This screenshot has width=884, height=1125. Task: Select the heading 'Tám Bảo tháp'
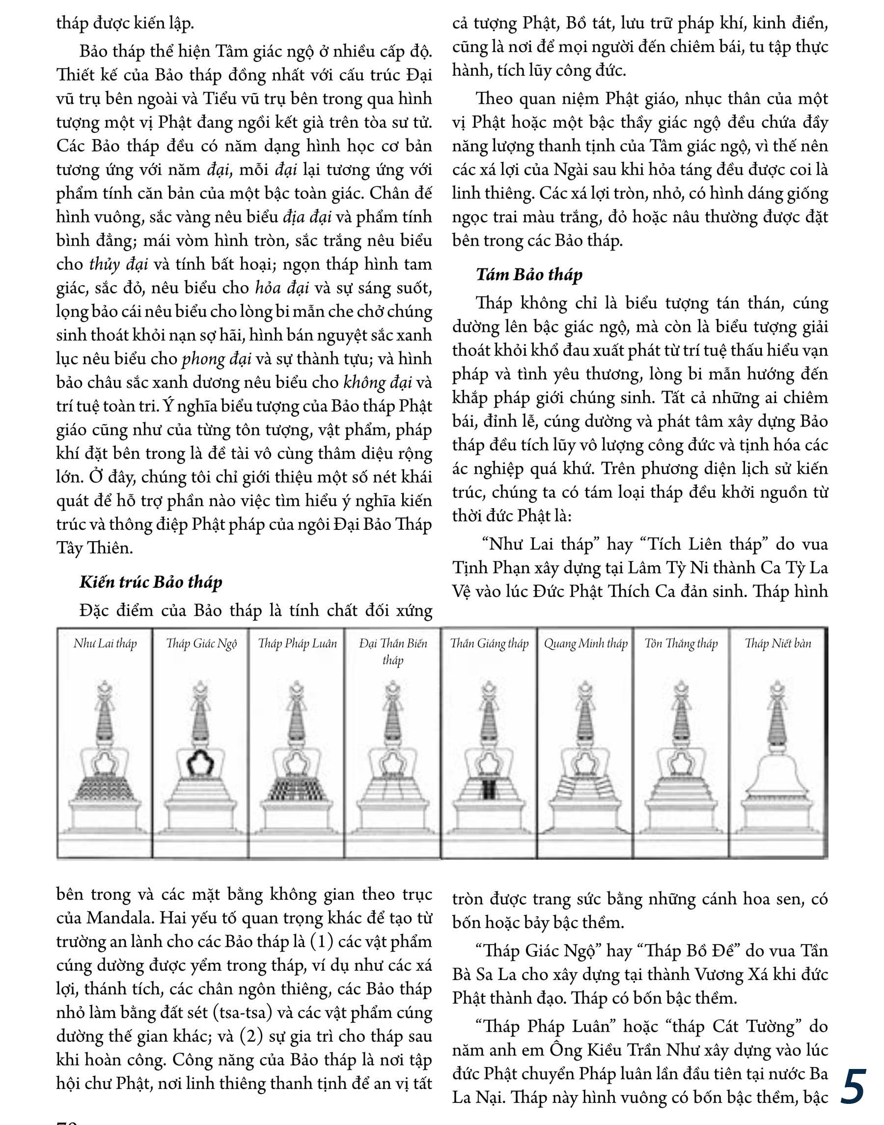(529, 275)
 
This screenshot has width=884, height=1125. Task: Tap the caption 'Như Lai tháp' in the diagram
(105, 644)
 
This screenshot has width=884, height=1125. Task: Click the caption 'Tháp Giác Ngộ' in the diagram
(201, 644)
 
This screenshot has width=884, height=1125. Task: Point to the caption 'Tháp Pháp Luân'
(297, 644)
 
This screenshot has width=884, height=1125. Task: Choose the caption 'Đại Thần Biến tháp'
(393, 651)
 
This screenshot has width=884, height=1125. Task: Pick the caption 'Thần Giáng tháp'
(489, 644)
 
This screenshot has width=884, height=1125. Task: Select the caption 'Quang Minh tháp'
(585, 644)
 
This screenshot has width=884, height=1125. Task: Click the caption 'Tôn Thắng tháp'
(681, 644)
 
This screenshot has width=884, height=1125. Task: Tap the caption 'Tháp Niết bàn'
(778, 644)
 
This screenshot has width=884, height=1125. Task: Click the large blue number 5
(854, 1086)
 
